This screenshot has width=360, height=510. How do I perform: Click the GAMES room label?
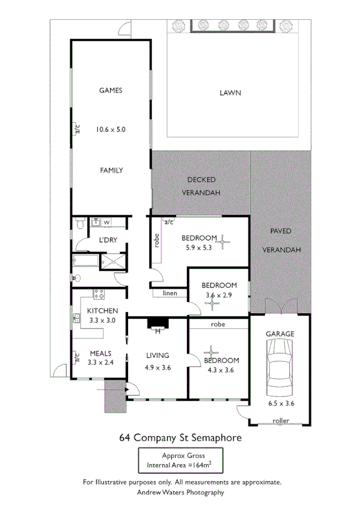click(x=111, y=90)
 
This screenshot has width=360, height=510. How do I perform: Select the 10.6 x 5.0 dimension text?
click(x=111, y=129)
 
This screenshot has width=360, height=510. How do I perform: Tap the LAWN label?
click(x=230, y=93)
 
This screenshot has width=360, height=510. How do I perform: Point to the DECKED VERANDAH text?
click(x=201, y=186)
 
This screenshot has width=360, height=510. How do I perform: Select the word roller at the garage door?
click(x=281, y=420)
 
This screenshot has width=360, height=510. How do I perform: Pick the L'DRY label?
click(x=108, y=241)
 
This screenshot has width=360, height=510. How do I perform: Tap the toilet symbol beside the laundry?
click(x=80, y=224)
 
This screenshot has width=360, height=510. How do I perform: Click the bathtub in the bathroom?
click(x=86, y=261)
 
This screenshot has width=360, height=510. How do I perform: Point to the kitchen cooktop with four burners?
click(x=98, y=295)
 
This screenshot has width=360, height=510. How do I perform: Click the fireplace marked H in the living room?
click(x=159, y=325)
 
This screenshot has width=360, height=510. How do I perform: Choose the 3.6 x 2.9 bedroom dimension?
click(x=219, y=295)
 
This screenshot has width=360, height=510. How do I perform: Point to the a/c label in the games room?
click(x=77, y=129)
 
